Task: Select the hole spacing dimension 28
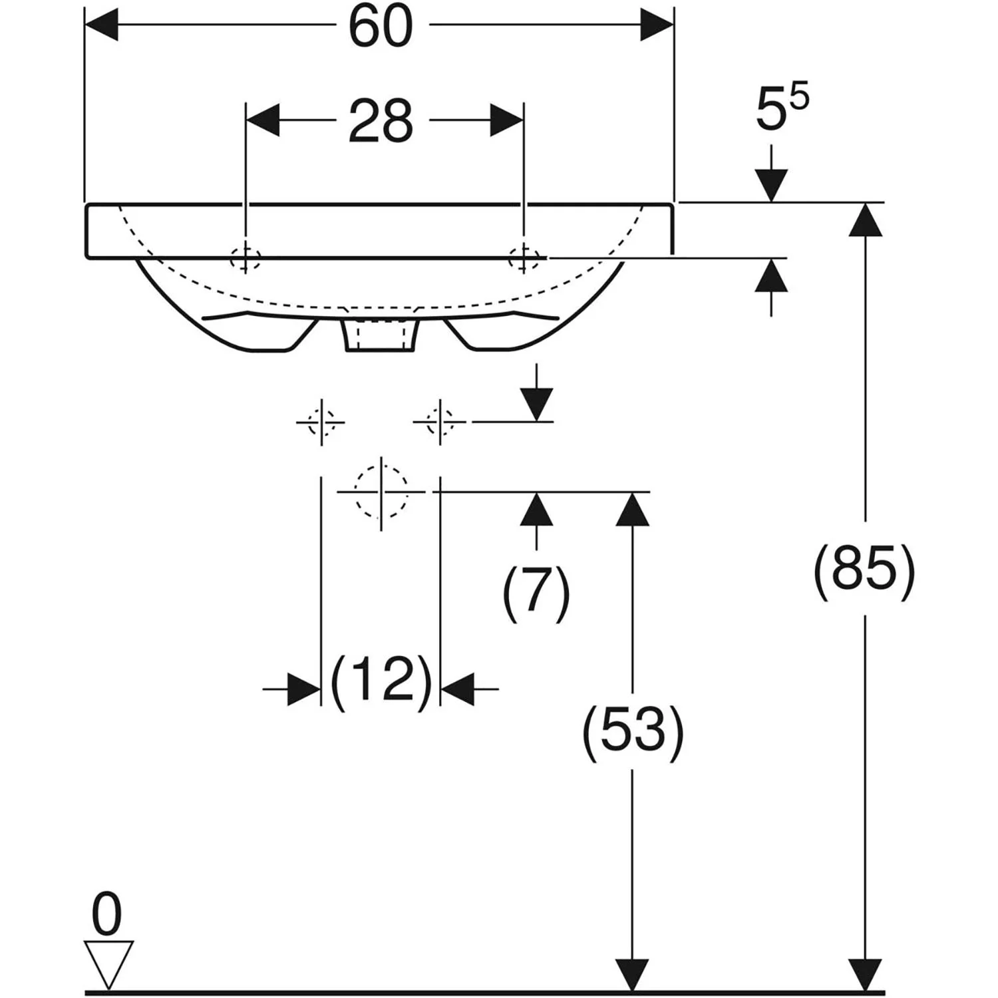pyautogui.click(x=381, y=122)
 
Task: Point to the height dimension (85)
pyautogui.click(x=864, y=568)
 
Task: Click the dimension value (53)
pyautogui.click(x=633, y=730)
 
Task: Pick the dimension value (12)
pyautogui.click(x=381, y=680)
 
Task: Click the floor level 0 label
pyautogui.click(x=107, y=915)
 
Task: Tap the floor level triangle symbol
pyautogui.click(x=108, y=963)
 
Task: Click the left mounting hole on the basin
pyautogui.click(x=246, y=257)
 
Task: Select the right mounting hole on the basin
pyautogui.click(x=524, y=257)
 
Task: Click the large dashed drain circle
pyautogui.click(x=381, y=492)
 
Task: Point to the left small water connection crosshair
pyautogui.click(x=321, y=422)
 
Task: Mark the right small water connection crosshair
pyautogui.click(x=440, y=422)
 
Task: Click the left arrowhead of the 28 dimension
pyautogui.click(x=262, y=120)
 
